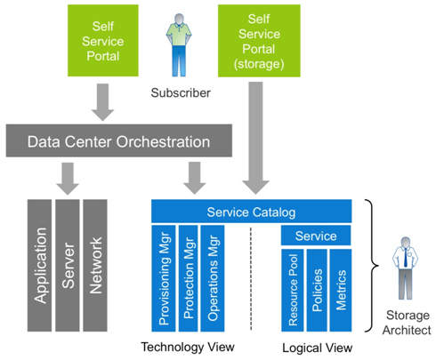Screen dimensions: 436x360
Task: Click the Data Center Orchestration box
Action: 119,140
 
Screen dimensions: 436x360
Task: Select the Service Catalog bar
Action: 252,212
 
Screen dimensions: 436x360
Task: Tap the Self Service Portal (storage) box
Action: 259,41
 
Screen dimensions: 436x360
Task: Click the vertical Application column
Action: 39,266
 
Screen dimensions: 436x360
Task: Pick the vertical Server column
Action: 68,266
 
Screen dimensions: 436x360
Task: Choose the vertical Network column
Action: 95,266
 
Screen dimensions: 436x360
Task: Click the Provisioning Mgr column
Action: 164,278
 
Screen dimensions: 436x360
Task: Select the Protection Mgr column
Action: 189,278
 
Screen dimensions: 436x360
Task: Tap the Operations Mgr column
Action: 213,278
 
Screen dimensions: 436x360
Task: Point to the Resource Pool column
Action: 293,291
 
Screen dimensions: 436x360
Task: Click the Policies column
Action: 317,291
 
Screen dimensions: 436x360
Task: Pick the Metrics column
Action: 341,291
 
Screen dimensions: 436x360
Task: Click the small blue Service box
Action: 316,236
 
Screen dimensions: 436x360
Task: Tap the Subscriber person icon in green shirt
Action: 179,45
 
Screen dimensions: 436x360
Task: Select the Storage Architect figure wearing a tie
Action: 406,268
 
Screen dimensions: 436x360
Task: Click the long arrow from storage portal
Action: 255,138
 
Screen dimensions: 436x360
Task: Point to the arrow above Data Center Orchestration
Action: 102,102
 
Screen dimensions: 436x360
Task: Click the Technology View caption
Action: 188,347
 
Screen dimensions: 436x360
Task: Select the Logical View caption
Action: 318,348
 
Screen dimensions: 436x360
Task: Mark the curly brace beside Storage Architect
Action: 375,266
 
